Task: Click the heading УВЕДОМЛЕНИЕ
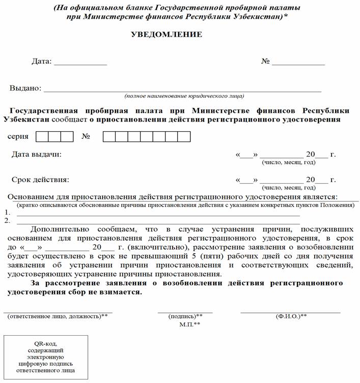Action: click(x=167, y=35)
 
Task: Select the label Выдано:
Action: click(x=25, y=88)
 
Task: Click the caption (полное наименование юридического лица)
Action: click(x=184, y=96)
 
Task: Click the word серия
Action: click(x=18, y=137)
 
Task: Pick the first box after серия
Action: click(x=42, y=136)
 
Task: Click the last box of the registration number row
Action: click(x=184, y=136)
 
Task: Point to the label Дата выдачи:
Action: click(x=36, y=154)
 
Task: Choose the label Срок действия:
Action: click(x=40, y=180)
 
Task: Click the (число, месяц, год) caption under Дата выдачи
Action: click(x=288, y=163)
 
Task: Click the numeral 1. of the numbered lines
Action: click(x=7, y=213)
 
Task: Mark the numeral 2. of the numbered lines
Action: click(x=7, y=221)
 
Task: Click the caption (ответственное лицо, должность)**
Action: click(x=58, y=316)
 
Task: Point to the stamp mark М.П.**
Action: click(x=189, y=324)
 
